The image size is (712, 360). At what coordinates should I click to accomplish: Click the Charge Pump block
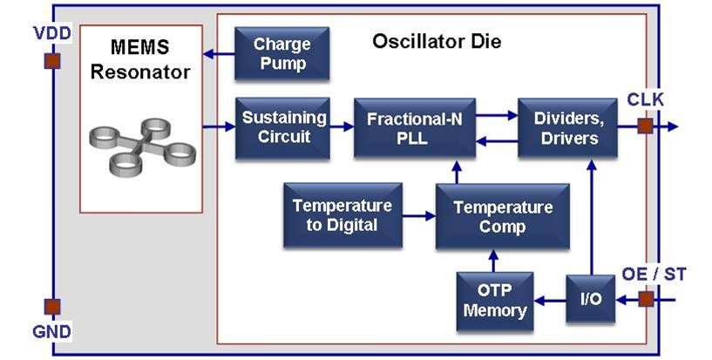point(281,53)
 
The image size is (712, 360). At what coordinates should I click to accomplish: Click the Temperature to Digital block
point(342,215)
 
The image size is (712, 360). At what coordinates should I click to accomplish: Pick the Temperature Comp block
point(493,215)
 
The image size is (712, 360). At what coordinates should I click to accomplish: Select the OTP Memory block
point(494,300)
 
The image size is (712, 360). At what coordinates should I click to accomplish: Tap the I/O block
point(591,300)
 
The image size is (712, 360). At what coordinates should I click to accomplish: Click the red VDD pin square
point(52,61)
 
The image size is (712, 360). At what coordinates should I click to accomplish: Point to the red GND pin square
point(52,307)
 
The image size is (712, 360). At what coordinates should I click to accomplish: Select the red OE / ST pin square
point(645,300)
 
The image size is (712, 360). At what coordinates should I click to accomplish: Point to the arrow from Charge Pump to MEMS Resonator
point(219,54)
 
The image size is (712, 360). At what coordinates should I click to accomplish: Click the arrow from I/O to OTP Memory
point(549,300)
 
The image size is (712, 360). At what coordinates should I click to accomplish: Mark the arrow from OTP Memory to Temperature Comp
point(493,260)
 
